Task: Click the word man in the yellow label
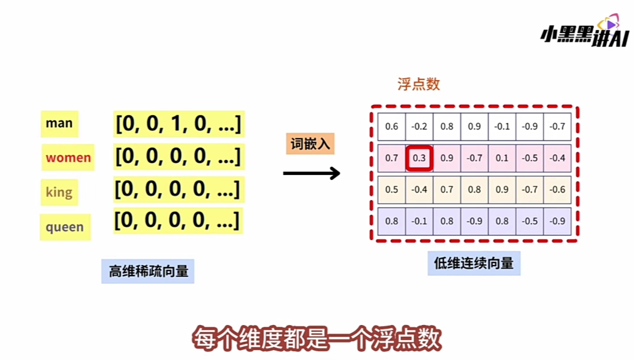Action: point(59,123)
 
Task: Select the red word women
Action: point(68,157)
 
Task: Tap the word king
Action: point(59,192)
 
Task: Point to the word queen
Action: point(64,227)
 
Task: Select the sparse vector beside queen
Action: point(177,220)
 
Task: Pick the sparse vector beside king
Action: point(177,189)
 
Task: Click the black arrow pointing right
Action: point(311,173)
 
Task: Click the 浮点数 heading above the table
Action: point(418,84)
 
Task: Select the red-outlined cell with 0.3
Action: point(419,158)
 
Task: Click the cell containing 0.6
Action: point(391,126)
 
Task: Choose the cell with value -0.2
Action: point(419,126)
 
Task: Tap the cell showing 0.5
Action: point(391,189)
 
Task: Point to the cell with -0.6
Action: point(557,189)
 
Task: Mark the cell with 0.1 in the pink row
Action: point(502,158)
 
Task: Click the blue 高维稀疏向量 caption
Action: point(148,271)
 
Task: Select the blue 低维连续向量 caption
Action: point(473,263)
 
